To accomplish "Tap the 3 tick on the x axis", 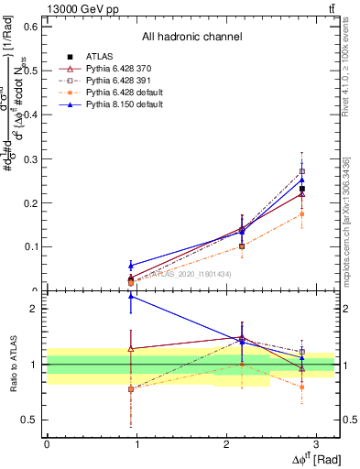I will (315, 443).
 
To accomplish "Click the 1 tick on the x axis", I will (136, 443).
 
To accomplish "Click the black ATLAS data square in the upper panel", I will (302, 189).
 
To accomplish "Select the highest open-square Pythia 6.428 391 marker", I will (302, 171).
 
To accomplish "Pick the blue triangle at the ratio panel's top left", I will (131, 296).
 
